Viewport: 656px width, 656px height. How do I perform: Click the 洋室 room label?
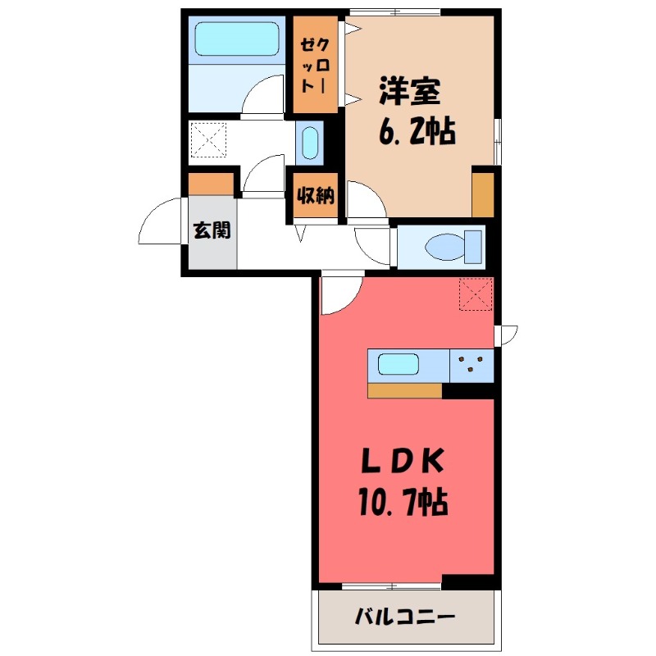click(409, 91)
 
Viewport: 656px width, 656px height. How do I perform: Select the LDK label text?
click(403, 465)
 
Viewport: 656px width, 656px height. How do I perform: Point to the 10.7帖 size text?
click(402, 500)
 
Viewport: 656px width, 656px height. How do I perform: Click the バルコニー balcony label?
click(404, 617)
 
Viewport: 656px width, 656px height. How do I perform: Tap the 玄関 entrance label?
click(212, 230)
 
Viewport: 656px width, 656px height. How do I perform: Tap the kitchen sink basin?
click(399, 362)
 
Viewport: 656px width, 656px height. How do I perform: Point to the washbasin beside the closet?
click(308, 143)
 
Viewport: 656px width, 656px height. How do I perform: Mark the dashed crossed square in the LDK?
click(475, 295)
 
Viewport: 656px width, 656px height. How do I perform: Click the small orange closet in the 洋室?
click(483, 195)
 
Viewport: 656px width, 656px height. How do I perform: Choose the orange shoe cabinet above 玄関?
click(212, 184)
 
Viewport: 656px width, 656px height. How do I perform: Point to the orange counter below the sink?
click(404, 390)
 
